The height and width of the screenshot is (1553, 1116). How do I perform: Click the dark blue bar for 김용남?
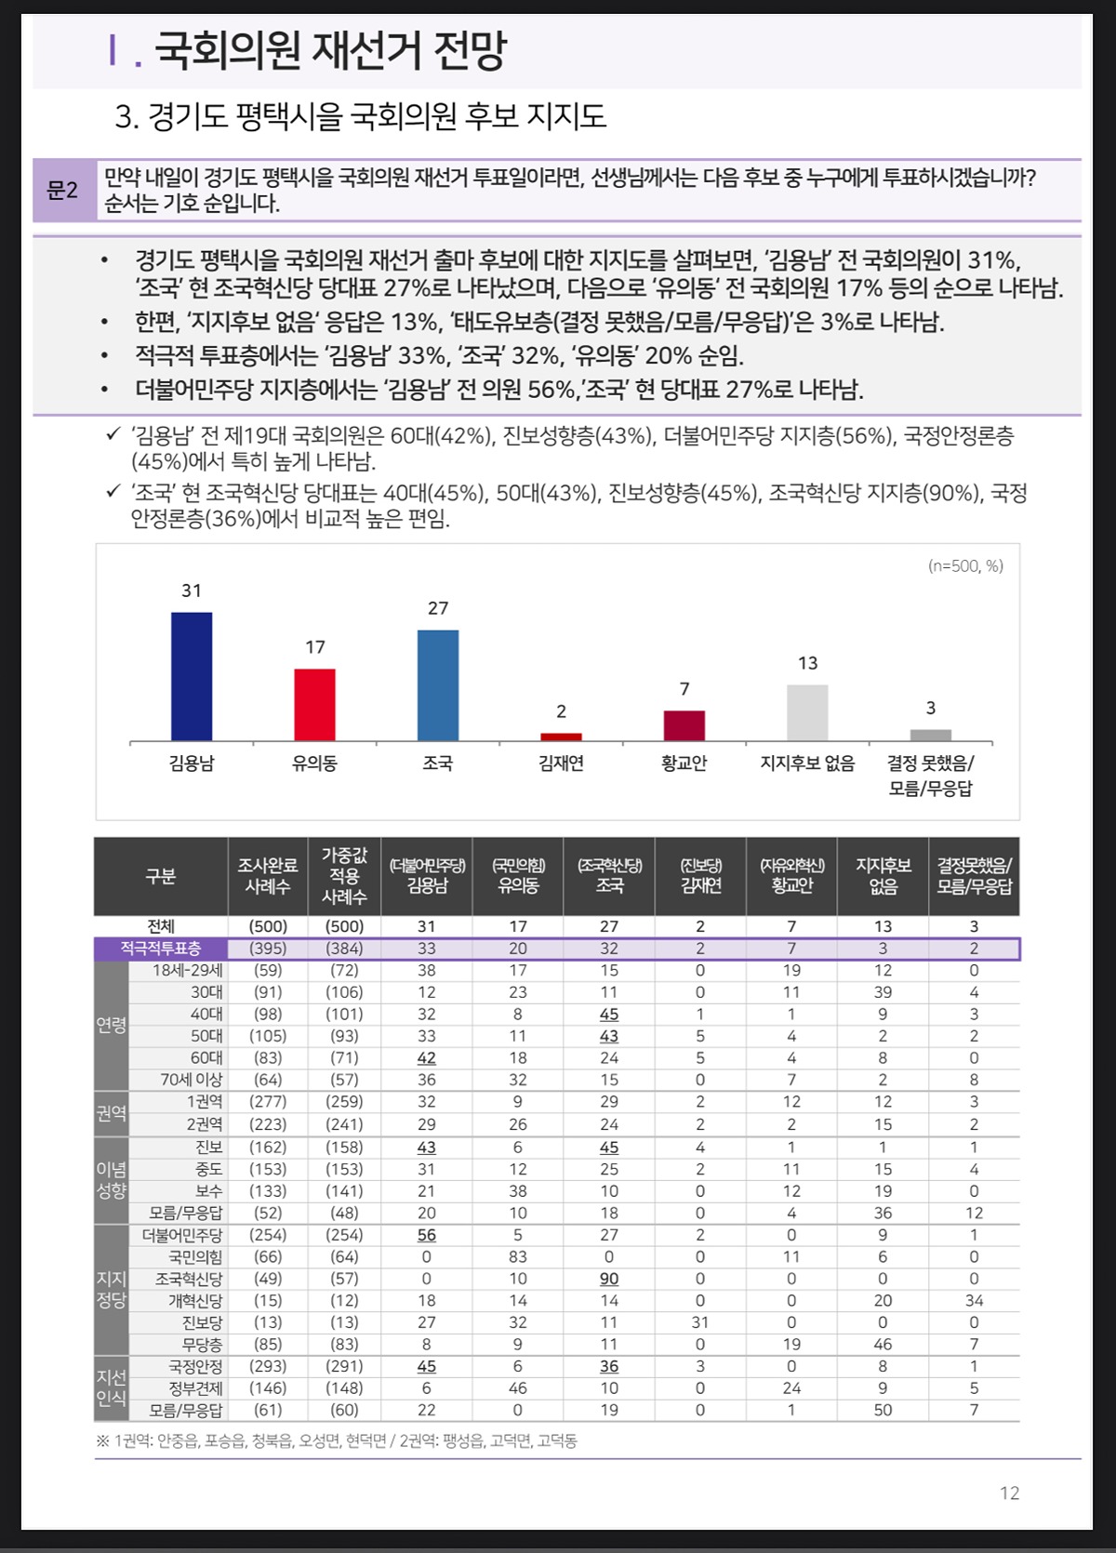pyautogui.click(x=192, y=677)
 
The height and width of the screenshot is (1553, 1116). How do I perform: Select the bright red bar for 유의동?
pyautogui.click(x=314, y=705)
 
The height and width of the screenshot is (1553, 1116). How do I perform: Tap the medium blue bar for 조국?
pyautogui.click(x=437, y=685)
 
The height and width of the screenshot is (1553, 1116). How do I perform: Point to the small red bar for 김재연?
pyautogui.click(x=561, y=737)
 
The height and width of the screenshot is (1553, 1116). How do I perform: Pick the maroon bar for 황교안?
pyautogui.click(x=684, y=726)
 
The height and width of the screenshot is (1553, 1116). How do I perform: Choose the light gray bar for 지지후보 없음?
pyautogui.click(x=807, y=712)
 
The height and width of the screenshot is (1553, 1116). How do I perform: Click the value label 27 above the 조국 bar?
pyautogui.click(x=438, y=608)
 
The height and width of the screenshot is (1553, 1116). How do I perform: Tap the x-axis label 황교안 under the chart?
pyautogui.click(x=684, y=763)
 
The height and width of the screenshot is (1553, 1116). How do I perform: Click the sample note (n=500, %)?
pyautogui.click(x=965, y=565)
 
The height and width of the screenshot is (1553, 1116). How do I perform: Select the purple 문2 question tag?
pyautogui.click(x=64, y=190)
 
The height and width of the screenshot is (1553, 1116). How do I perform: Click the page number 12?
pyautogui.click(x=1009, y=1493)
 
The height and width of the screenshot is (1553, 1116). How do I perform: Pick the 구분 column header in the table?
pyautogui.click(x=160, y=876)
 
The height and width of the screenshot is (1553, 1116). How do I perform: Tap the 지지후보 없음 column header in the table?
pyautogui.click(x=883, y=875)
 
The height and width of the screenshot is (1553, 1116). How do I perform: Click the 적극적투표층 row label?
pyautogui.click(x=160, y=949)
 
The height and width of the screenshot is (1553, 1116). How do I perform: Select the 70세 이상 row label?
pyautogui.click(x=192, y=1080)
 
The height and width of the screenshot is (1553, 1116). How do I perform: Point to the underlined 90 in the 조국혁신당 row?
pyautogui.click(x=609, y=1279)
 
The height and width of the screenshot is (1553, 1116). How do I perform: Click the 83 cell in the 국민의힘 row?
pyautogui.click(x=518, y=1257)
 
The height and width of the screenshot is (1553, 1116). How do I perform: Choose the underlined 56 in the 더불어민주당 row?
pyautogui.click(x=426, y=1235)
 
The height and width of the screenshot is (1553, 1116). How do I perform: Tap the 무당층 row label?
pyautogui.click(x=202, y=1345)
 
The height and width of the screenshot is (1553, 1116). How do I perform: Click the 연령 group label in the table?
pyautogui.click(x=112, y=1025)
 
